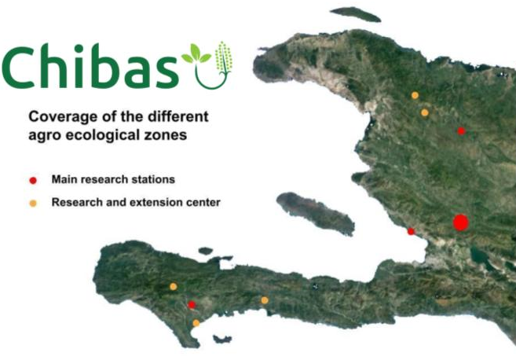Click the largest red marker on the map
click(x=460, y=222)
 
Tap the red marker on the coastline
click(x=411, y=232)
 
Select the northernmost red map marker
click(x=461, y=131)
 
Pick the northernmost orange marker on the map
click(x=415, y=96)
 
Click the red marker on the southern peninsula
click(x=192, y=305)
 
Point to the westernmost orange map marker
click(x=173, y=287)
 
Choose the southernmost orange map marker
click(x=196, y=323)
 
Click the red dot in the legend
click(x=33, y=181)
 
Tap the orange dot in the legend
click(x=33, y=204)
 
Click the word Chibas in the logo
click(x=90, y=67)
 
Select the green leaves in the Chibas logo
click(x=196, y=53)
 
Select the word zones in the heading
click(x=170, y=135)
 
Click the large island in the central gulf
click(x=315, y=213)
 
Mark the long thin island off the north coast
click(x=356, y=14)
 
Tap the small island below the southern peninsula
click(x=222, y=339)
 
